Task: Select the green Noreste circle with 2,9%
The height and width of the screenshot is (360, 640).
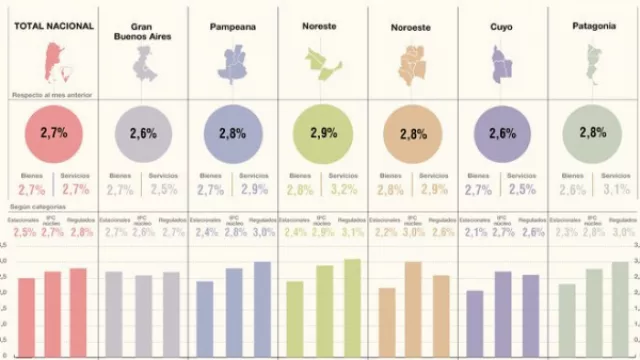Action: tap(319, 132)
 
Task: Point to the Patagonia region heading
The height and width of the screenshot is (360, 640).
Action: tap(593, 23)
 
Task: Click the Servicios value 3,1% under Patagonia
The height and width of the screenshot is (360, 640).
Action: tap(617, 189)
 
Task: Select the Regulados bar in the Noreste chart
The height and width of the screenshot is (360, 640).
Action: tap(352, 299)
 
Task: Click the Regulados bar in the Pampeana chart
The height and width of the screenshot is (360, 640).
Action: tap(263, 301)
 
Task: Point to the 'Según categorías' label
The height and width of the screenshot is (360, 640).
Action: tap(37, 206)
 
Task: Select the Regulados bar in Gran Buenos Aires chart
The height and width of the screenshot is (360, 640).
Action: tap(172, 306)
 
